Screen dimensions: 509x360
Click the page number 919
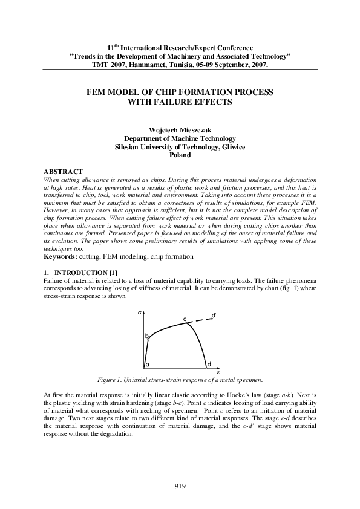coord(180,486)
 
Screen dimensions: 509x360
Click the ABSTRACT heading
coord(64,172)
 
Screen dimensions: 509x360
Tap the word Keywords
coord(60,256)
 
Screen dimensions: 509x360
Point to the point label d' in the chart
coord(214,315)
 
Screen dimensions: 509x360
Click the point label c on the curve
coord(185,319)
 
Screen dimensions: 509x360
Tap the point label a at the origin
coord(148,365)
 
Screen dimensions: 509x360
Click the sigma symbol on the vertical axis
coord(139,313)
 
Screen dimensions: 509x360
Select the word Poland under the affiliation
coord(180,155)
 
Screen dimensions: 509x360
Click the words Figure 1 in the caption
coord(112,380)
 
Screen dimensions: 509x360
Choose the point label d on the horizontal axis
coord(209,365)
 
